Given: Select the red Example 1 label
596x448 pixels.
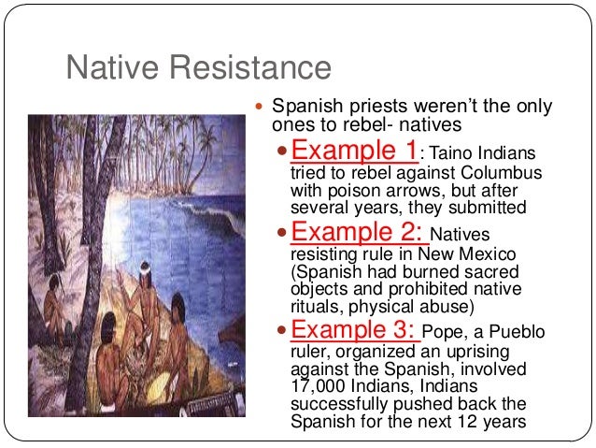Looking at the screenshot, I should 355,151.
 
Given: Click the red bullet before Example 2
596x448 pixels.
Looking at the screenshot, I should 286,233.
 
